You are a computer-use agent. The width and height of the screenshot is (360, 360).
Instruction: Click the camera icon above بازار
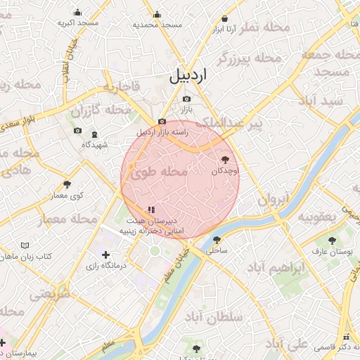click(186, 99)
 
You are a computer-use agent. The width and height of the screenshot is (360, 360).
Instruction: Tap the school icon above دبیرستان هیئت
click(150, 210)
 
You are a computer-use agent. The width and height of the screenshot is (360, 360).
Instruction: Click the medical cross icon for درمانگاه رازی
click(105, 255)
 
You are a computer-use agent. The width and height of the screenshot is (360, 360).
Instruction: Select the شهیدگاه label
click(94, 144)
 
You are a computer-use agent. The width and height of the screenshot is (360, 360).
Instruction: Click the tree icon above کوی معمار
click(67, 184)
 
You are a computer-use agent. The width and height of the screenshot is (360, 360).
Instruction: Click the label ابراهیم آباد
click(277, 269)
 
